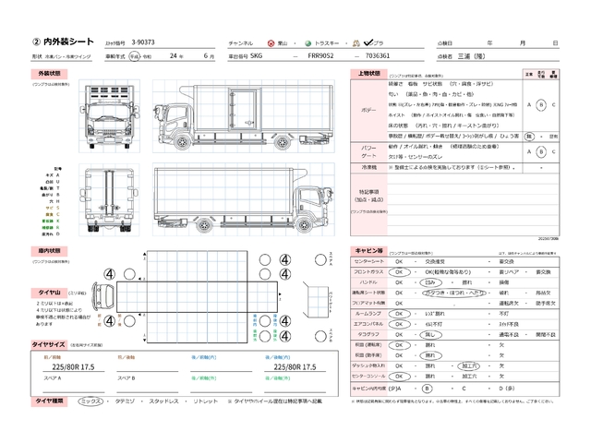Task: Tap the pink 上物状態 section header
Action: coord(367,73)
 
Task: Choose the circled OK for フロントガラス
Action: coord(400,272)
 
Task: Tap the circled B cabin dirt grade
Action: coord(428,388)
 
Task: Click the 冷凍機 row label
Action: coord(368,167)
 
